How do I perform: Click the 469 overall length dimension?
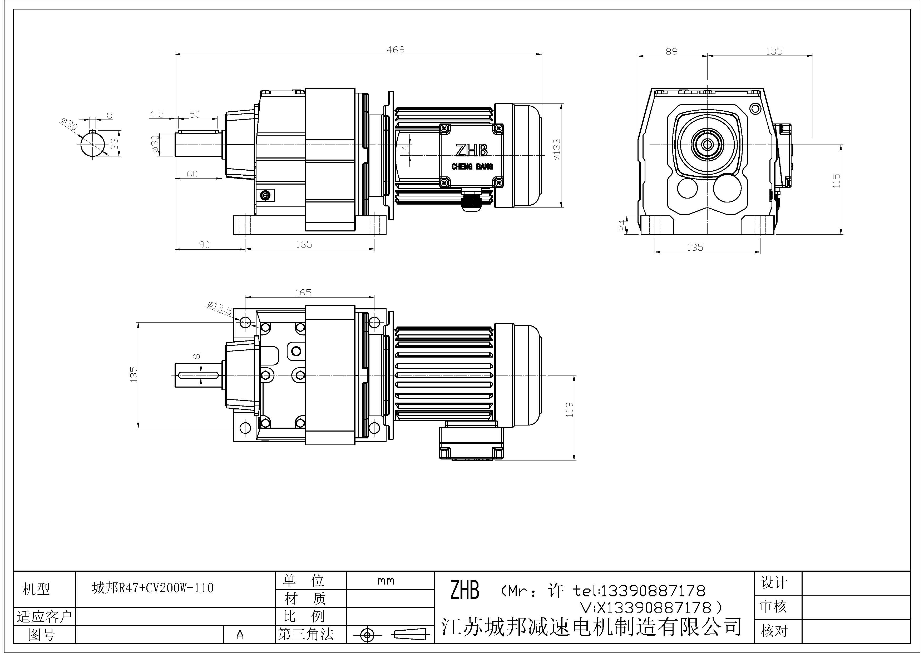(x=395, y=50)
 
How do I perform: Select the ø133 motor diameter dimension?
(x=557, y=150)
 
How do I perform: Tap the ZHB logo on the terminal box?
(x=471, y=150)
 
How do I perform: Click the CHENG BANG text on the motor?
(x=472, y=167)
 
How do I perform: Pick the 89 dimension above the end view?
(x=671, y=52)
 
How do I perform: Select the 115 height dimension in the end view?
(x=836, y=181)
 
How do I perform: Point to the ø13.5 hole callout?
(x=220, y=308)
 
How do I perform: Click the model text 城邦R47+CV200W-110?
(x=153, y=588)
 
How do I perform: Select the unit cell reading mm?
(x=386, y=581)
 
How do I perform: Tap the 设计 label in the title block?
(x=773, y=583)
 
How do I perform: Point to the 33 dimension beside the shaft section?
(x=115, y=144)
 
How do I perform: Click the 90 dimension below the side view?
(x=204, y=245)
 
